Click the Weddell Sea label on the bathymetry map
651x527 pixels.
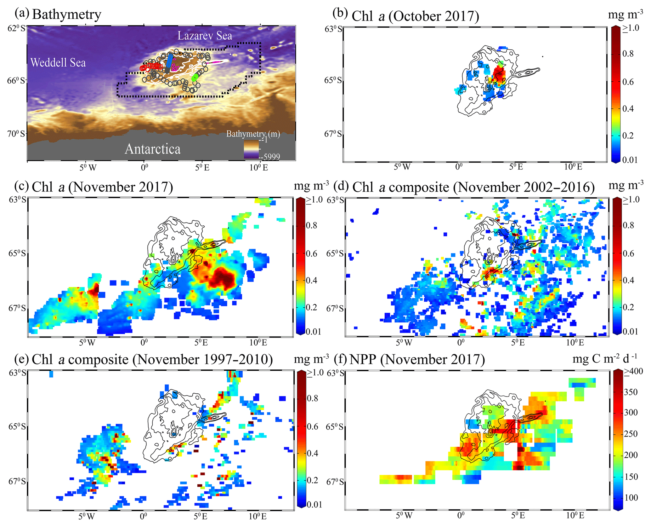tap(58, 63)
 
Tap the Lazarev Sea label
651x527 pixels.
tap(205, 36)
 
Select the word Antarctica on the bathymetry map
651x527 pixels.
tap(153, 149)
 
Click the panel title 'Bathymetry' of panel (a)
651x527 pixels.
tap(66, 14)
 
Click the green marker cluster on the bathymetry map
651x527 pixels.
tap(195, 77)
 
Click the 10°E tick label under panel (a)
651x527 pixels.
tap(259, 168)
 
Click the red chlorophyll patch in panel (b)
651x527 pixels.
tap(499, 74)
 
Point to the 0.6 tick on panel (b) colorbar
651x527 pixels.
tap(628, 82)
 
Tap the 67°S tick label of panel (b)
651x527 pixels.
tap(333, 134)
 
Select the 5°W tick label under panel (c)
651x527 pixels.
tap(87, 343)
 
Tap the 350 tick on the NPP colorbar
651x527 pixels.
tap(631, 392)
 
